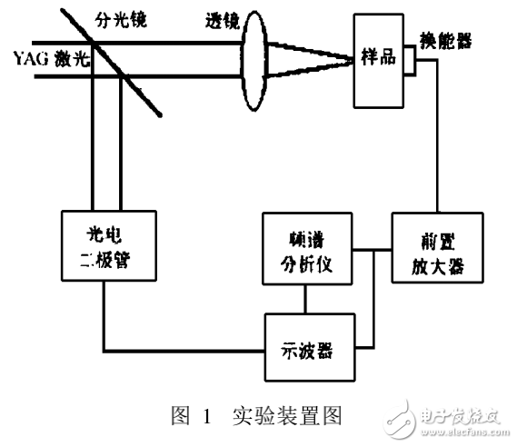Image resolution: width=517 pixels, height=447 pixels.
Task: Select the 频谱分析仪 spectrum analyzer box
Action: [305, 248]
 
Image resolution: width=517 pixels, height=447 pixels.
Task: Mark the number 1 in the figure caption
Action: [207, 416]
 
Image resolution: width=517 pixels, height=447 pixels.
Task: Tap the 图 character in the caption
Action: [178, 416]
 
